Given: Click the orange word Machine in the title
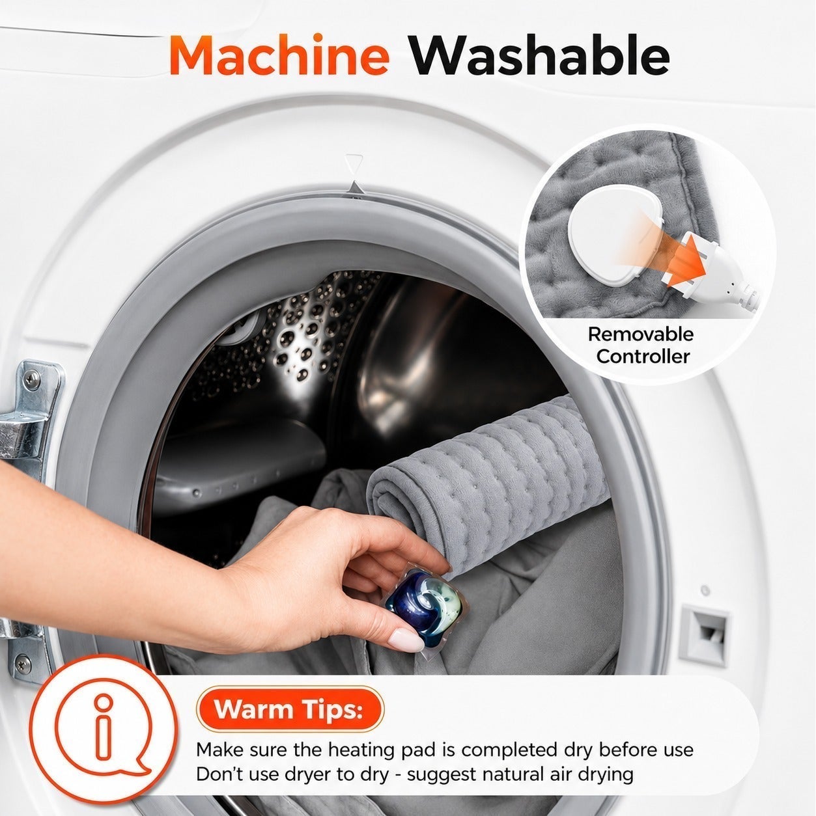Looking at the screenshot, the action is tap(279, 56).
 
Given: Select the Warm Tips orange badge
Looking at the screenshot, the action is tap(290, 709).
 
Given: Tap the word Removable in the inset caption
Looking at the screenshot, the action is tap(641, 334).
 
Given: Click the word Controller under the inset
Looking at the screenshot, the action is tap(643, 357).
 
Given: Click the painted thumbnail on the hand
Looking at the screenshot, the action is tap(406, 639).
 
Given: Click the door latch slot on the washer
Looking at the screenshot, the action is tap(705, 635).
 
